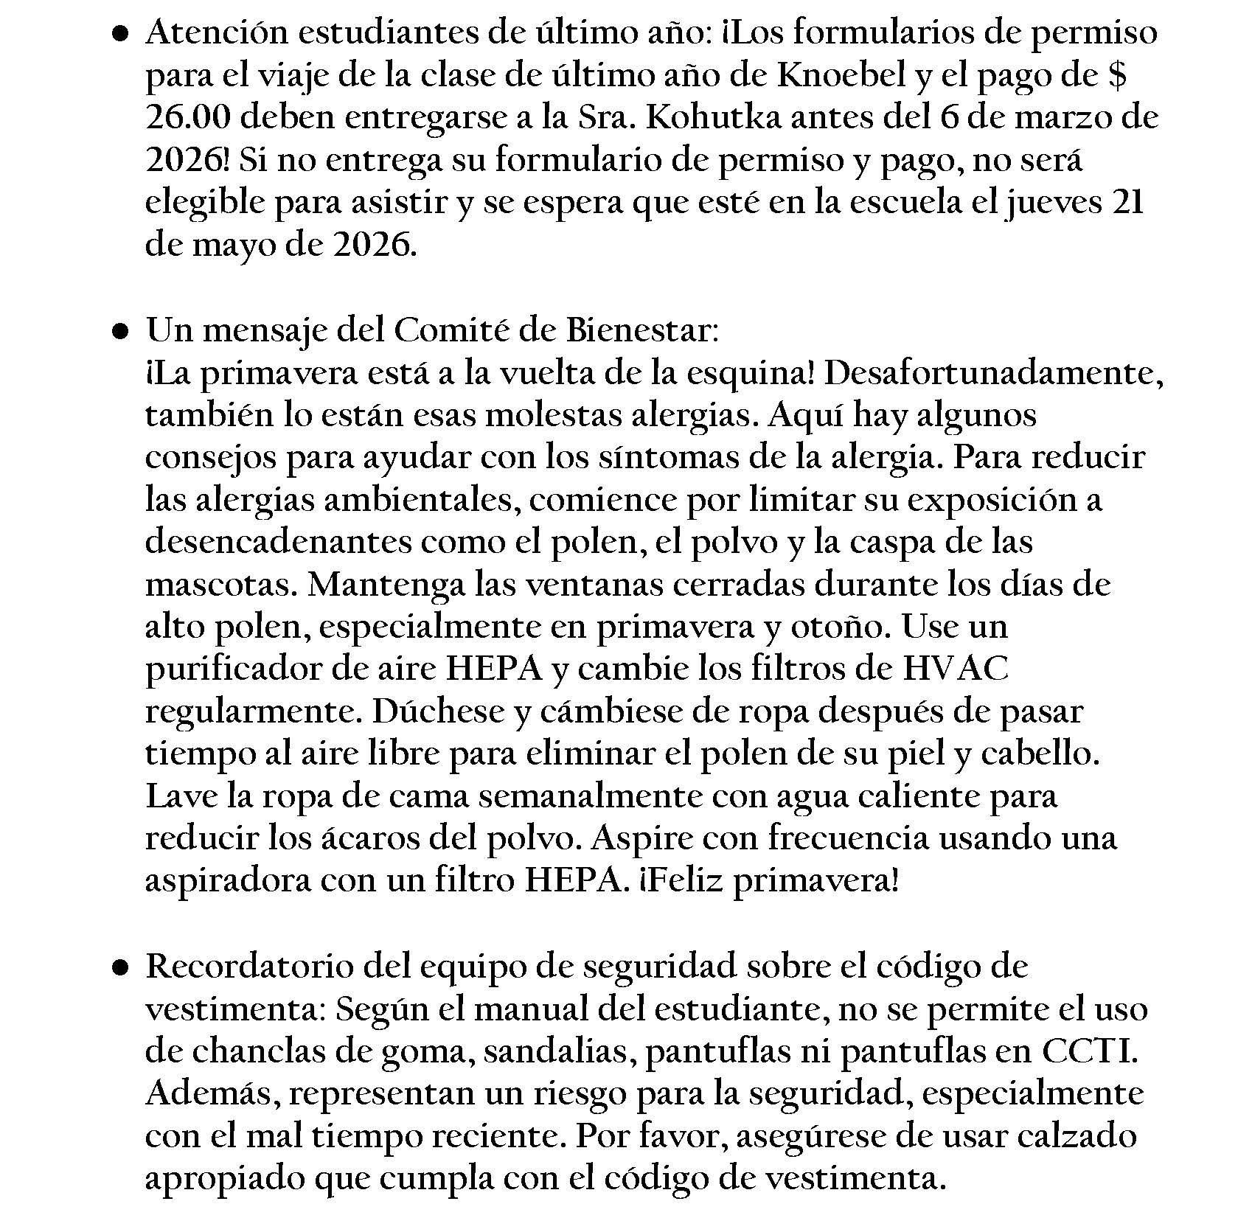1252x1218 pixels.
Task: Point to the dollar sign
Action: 1117,75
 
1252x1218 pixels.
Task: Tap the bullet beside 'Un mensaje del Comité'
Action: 121,332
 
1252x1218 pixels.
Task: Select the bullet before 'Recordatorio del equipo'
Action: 121,967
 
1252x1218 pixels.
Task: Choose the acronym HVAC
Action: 956,669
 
